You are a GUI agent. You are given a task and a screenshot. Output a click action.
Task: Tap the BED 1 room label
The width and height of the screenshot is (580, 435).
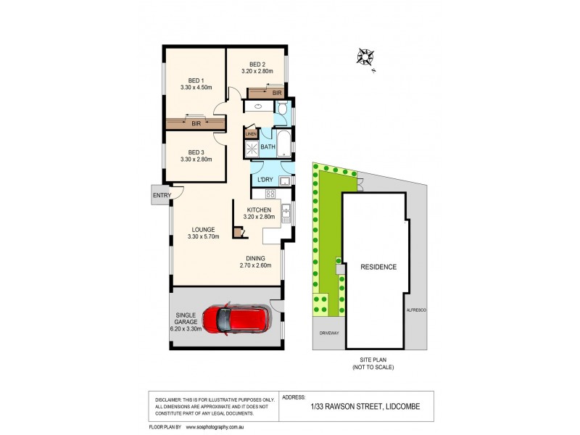coord(196,80)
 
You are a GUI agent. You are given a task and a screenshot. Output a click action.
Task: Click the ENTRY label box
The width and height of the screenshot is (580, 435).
coord(160,194)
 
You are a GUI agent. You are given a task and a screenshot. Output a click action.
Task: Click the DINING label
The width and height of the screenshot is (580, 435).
coord(254,257)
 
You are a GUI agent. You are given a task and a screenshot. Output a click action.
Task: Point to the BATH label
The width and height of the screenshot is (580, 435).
coord(268,147)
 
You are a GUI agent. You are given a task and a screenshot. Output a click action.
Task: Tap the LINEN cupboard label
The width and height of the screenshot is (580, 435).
coord(251,133)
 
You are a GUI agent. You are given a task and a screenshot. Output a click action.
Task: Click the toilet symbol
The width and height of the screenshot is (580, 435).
coord(281,109)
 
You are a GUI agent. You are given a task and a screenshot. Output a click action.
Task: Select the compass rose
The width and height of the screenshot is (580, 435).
coord(365,56)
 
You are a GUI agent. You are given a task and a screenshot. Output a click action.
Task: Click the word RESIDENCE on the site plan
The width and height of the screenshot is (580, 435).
coord(378,267)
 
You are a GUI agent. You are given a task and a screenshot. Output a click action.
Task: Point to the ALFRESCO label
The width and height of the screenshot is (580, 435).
coord(416,310)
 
